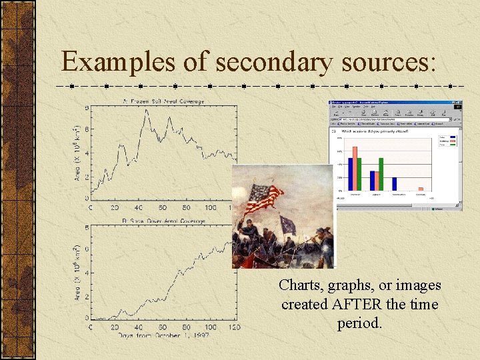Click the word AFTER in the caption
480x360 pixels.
(x=355, y=305)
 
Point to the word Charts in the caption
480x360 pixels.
(x=300, y=285)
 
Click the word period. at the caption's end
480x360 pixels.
(x=359, y=323)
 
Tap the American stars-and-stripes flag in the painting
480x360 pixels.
(x=265, y=197)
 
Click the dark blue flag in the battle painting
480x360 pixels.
(x=288, y=225)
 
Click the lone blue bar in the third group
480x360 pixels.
(x=395, y=184)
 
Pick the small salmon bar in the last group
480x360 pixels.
(x=420, y=189)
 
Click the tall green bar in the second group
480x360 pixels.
(x=381, y=174)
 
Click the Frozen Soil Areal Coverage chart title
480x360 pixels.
(x=163, y=101)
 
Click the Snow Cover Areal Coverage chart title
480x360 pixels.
(x=163, y=221)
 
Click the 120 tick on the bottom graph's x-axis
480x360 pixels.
(x=234, y=327)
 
